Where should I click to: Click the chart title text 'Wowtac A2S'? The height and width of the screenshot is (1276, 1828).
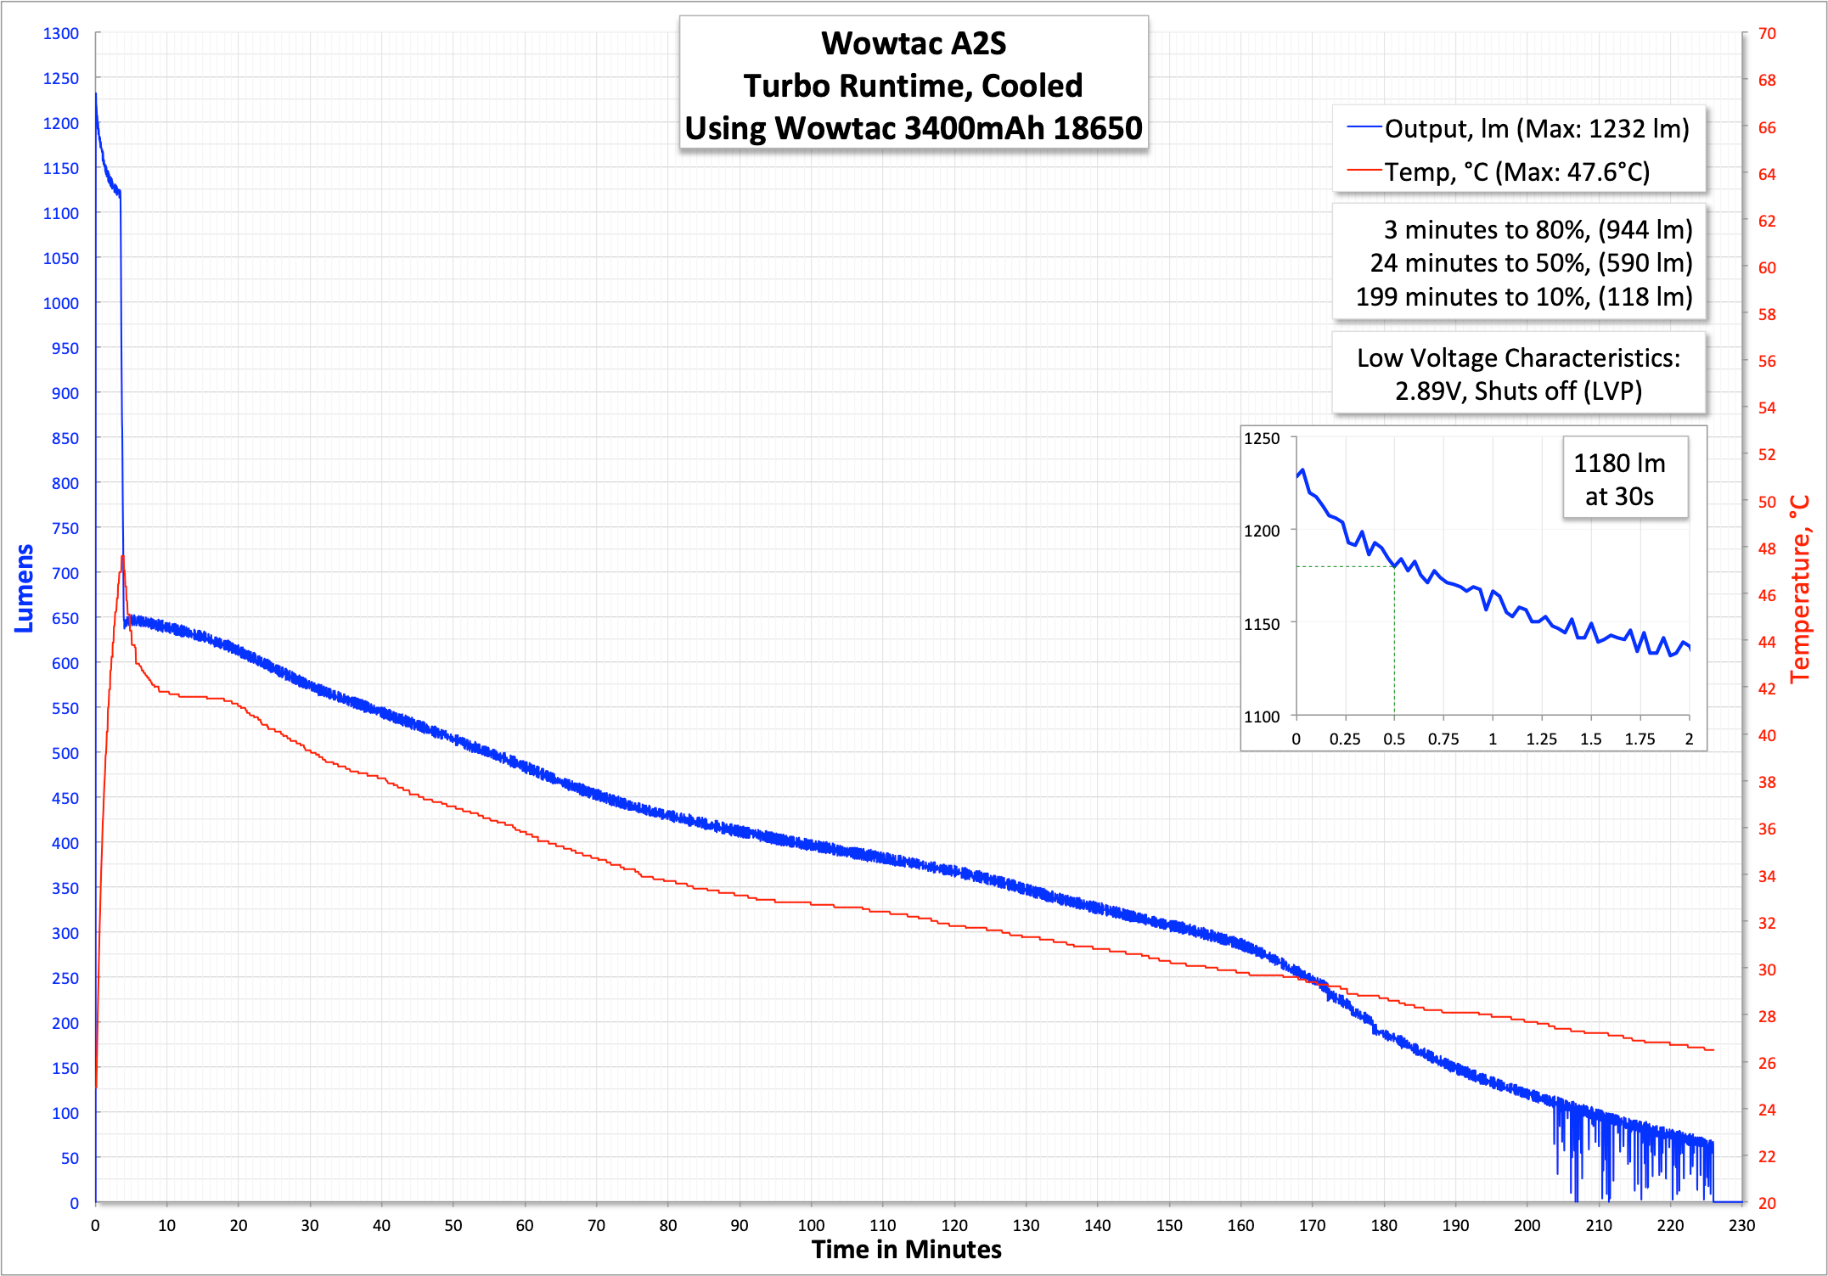click(x=913, y=44)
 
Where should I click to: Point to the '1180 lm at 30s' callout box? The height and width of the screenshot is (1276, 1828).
click(x=1619, y=479)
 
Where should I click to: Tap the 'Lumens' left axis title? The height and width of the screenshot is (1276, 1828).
click(x=24, y=588)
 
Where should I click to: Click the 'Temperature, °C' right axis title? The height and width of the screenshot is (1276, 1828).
click(x=1800, y=588)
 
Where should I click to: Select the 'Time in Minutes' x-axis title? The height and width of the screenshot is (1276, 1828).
click(x=906, y=1250)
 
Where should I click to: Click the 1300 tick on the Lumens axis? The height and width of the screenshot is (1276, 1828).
click(x=61, y=34)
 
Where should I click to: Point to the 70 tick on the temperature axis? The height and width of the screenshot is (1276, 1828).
click(x=1767, y=34)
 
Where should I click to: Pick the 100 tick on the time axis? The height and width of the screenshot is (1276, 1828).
click(x=811, y=1225)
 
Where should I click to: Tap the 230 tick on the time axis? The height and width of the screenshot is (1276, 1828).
click(x=1741, y=1225)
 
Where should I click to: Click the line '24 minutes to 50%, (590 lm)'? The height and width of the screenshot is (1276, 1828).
click(x=1530, y=263)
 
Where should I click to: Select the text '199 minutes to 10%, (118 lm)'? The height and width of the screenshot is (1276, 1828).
click(x=1523, y=297)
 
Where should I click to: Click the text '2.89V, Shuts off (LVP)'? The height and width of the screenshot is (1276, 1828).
click(x=1518, y=391)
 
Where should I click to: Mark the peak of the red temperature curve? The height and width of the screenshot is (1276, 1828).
click(x=123, y=557)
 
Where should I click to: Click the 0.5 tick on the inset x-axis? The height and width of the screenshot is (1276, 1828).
click(x=1394, y=739)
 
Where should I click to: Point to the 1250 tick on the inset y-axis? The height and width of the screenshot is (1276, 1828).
click(x=1262, y=439)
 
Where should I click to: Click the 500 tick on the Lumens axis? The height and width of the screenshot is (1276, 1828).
click(x=65, y=754)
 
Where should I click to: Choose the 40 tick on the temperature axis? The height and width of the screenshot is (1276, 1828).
click(x=1767, y=736)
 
